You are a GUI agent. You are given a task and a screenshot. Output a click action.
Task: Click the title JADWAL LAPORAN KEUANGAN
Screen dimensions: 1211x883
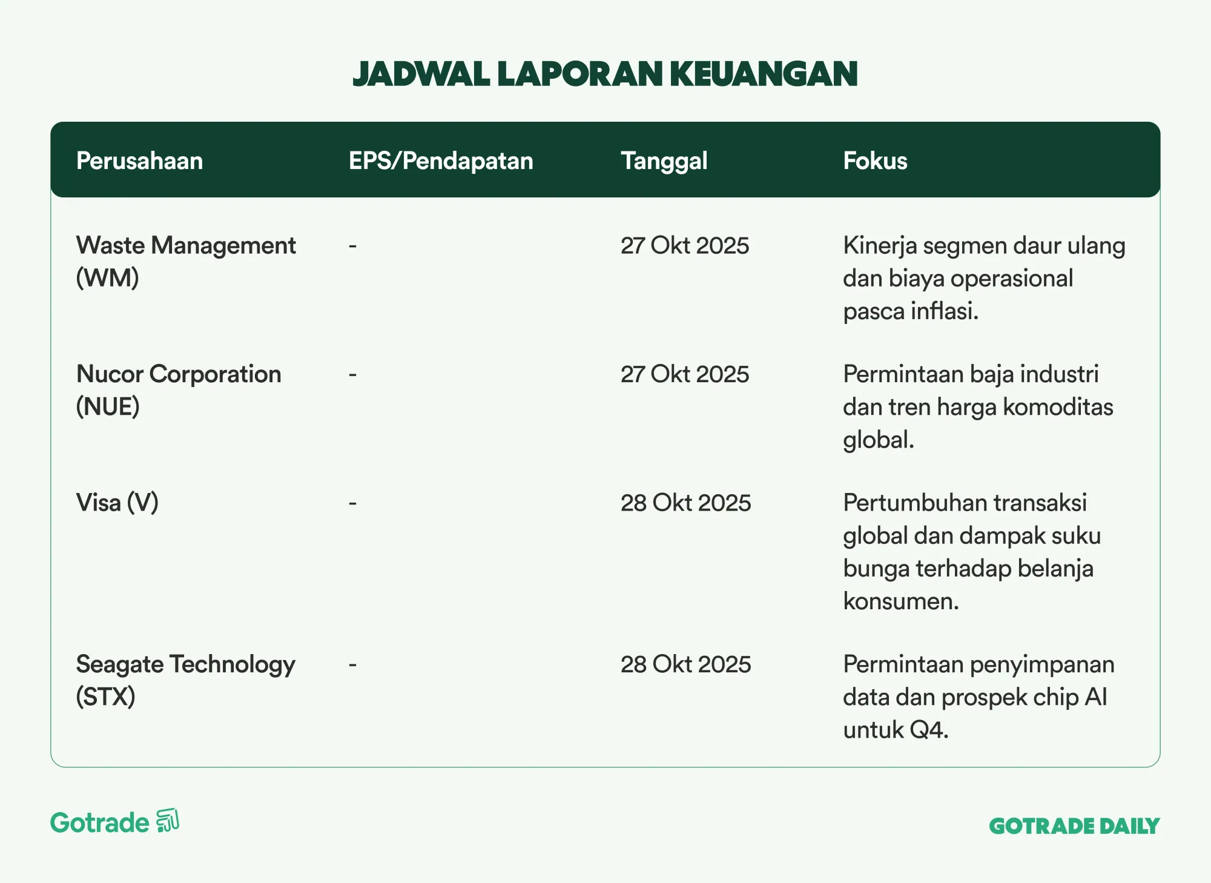(605, 74)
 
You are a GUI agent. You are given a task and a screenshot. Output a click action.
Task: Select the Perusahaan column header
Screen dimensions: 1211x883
(139, 161)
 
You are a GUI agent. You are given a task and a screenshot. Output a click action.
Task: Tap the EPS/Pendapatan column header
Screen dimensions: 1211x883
(441, 161)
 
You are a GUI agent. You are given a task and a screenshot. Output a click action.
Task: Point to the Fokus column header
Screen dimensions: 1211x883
(875, 161)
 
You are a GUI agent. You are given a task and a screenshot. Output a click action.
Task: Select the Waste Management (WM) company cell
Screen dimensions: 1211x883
(186, 262)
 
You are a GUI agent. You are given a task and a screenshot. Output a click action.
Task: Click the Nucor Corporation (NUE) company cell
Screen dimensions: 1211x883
(179, 390)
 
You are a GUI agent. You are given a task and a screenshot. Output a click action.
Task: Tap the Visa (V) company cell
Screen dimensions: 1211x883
(117, 503)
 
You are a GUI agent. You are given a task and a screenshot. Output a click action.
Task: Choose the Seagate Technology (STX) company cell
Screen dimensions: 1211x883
(185, 681)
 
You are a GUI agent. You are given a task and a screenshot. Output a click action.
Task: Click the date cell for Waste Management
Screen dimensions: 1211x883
(685, 246)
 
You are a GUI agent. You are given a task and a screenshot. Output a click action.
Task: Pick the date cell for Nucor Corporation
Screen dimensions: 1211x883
(685, 374)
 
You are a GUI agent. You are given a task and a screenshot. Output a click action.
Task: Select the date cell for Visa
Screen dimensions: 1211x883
(685, 503)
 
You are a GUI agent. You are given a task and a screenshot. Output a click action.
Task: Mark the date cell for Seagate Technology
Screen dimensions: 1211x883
(685, 664)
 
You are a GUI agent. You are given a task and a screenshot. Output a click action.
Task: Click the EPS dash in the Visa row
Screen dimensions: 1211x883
(352, 503)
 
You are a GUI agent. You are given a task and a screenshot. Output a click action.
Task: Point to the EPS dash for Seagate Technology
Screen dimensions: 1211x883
(352, 664)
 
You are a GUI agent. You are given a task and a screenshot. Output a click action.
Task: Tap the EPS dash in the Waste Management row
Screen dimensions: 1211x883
(352, 246)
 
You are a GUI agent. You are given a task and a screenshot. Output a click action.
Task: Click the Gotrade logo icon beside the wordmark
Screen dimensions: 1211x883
(168, 821)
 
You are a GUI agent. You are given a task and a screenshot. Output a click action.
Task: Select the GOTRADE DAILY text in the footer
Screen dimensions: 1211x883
(1074, 826)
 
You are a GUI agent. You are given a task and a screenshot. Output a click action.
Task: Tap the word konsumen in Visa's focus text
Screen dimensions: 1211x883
(901, 601)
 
